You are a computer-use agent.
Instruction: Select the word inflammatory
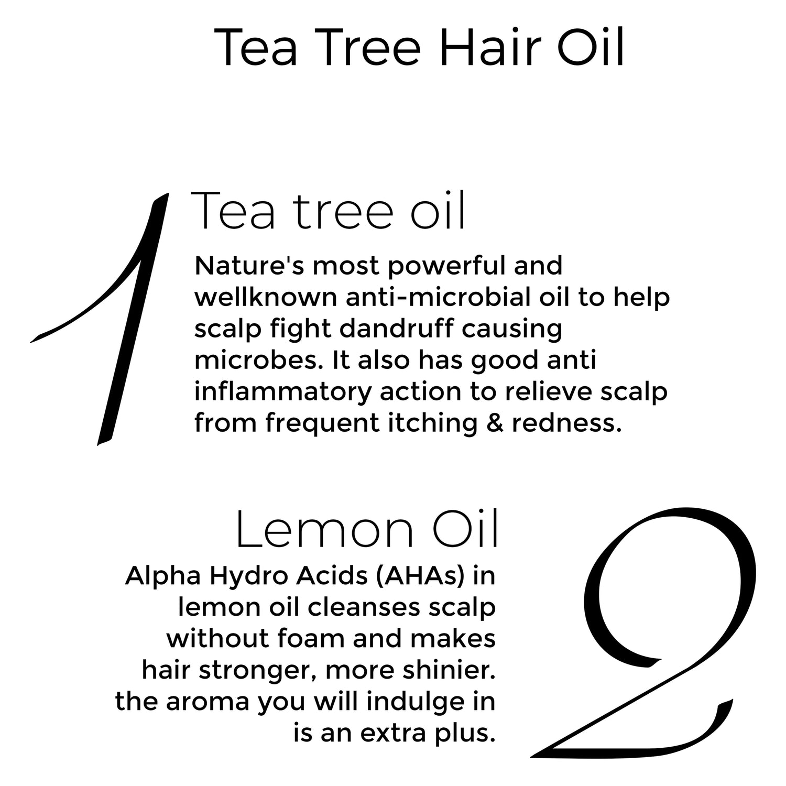282,392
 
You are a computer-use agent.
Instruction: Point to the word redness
566,423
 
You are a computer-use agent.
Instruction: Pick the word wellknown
265,297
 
